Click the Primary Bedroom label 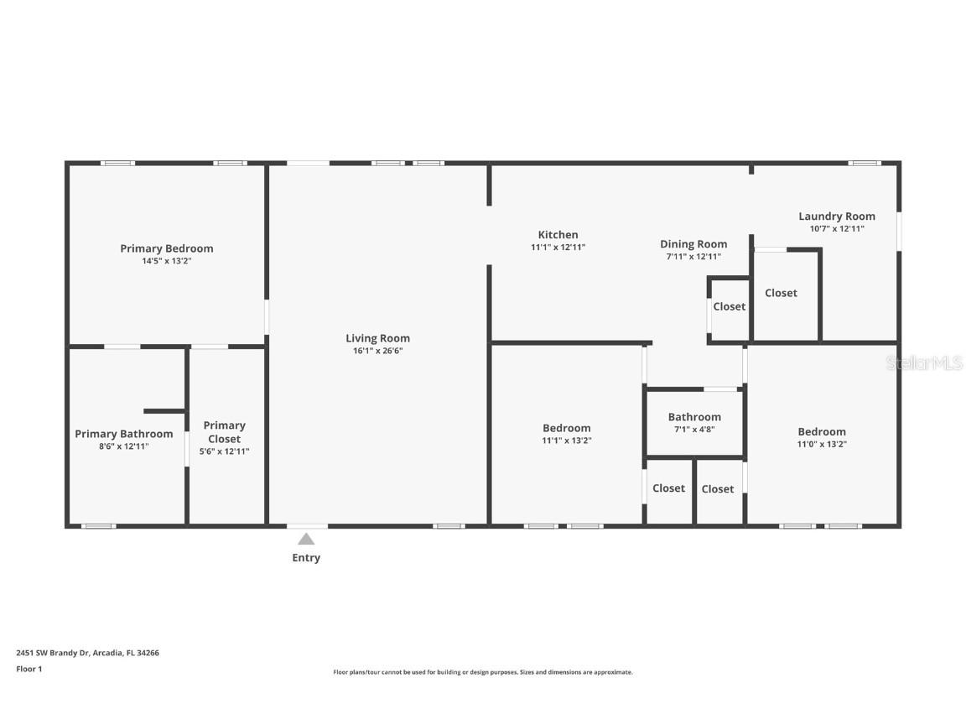tap(166, 248)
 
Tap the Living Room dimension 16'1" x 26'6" tap(377, 351)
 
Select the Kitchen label tap(558, 235)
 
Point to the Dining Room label tap(693, 244)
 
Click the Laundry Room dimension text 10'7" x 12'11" tap(836, 228)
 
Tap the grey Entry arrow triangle tap(306, 540)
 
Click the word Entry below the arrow tap(306, 558)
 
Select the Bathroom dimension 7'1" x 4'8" tap(693, 429)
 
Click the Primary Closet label tap(224, 432)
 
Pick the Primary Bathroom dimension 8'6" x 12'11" tap(123, 446)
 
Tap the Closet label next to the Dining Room tap(729, 306)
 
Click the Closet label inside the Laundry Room tap(781, 293)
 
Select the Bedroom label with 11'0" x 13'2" tap(821, 432)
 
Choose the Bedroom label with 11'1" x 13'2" tap(566, 428)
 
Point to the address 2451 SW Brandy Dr tap(87, 652)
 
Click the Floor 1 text tap(29, 669)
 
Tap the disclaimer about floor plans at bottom tap(482, 672)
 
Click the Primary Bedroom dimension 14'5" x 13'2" tap(166, 261)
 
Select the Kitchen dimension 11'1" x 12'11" tap(558, 248)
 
